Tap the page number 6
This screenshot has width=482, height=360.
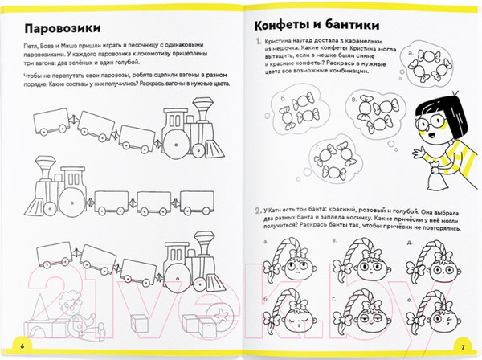tap(22, 345)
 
